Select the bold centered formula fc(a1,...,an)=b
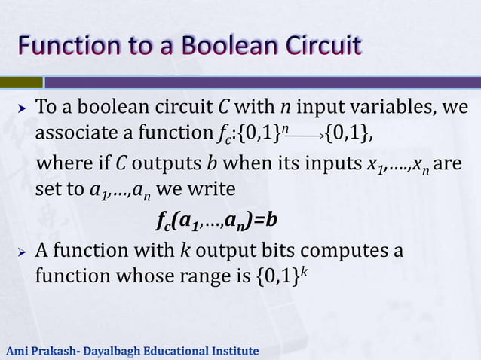[x=216, y=220]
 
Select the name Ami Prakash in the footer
[x=41, y=351]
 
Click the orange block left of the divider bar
[x=21, y=81]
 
